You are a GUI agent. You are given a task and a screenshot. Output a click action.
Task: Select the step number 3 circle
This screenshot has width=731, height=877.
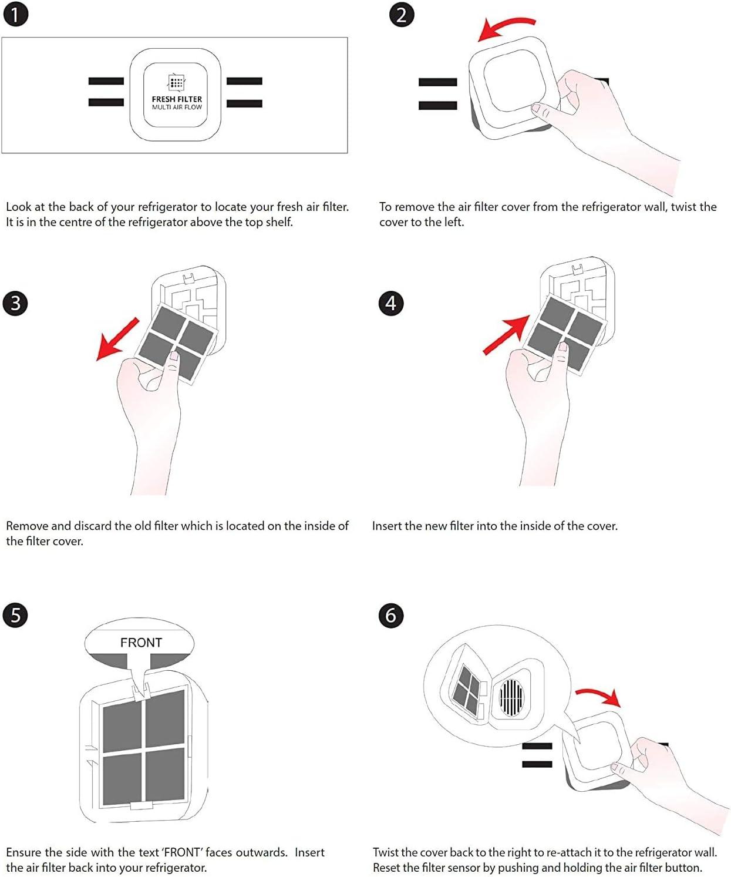[x=15, y=304]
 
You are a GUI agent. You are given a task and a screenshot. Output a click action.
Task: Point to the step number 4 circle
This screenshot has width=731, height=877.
[x=391, y=304]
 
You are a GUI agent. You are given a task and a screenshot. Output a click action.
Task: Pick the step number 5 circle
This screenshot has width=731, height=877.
[x=15, y=616]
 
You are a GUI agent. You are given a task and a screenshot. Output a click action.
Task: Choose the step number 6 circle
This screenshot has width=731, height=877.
[x=391, y=616]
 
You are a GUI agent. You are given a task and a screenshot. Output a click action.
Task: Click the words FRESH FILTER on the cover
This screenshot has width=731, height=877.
[x=177, y=99]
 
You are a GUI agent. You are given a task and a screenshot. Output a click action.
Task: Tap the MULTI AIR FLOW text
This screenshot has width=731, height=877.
[x=177, y=107]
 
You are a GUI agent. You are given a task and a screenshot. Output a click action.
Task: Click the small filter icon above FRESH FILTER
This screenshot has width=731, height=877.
[x=177, y=82]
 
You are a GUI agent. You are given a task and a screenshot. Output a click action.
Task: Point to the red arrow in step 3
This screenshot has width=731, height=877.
[x=117, y=339]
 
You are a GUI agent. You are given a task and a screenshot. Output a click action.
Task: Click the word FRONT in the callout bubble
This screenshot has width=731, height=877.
[x=141, y=643]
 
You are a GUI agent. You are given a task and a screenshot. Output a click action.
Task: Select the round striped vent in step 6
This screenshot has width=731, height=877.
[x=511, y=698]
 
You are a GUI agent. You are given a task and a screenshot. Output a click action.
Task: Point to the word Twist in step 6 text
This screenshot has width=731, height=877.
[x=385, y=852]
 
